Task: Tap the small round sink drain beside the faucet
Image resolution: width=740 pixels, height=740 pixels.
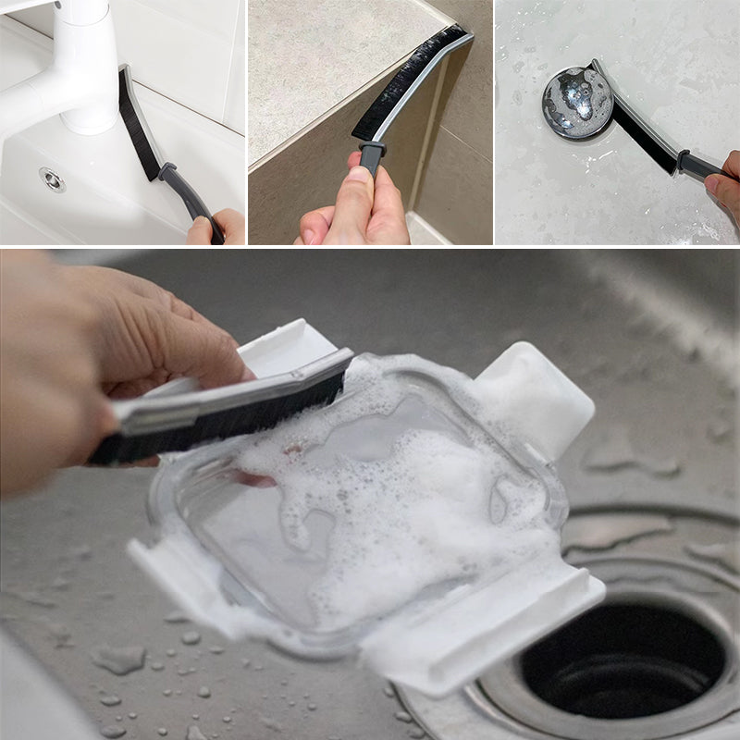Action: (x=53, y=179)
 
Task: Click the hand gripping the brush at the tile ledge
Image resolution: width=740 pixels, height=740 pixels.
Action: (x=356, y=208)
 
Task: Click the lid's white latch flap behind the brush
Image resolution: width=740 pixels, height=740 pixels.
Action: (x=277, y=342)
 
